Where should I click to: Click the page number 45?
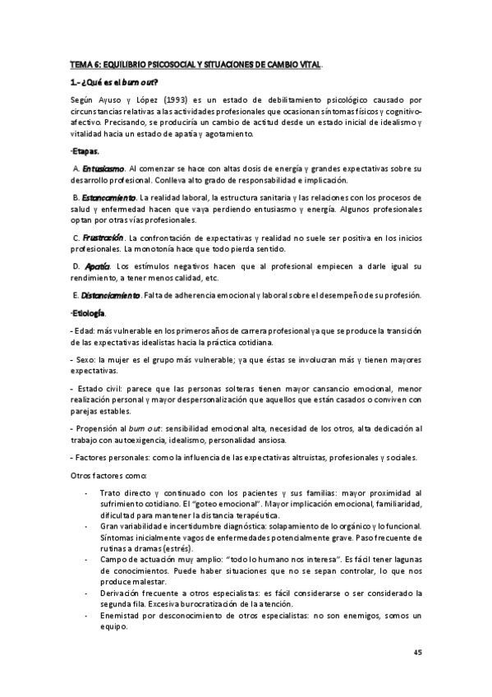tap(416, 653)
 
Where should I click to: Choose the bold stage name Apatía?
tap(98, 266)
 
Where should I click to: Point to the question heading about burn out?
tap(114, 81)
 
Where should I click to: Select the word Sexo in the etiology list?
tap(85, 358)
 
